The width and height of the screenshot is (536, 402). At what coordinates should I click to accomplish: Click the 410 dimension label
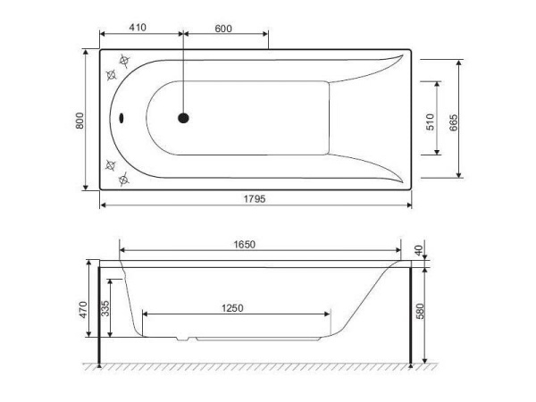click(x=137, y=28)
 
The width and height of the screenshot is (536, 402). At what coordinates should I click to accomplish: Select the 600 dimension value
click(x=223, y=28)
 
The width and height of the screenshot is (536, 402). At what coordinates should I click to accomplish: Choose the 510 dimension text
click(x=431, y=121)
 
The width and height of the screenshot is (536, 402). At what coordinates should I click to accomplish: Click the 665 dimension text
click(x=454, y=121)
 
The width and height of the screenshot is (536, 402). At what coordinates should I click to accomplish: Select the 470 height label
click(x=82, y=310)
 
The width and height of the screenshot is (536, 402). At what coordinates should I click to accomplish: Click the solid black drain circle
click(x=183, y=117)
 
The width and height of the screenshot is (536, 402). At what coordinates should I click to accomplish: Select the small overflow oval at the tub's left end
click(x=122, y=117)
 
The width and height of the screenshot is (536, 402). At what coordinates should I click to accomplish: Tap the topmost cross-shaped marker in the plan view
click(x=125, y=63)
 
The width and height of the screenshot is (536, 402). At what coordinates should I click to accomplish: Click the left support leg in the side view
click(x=99, y=313)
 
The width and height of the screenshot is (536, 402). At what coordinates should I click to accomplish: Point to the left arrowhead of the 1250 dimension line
click(x=145, y=314)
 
